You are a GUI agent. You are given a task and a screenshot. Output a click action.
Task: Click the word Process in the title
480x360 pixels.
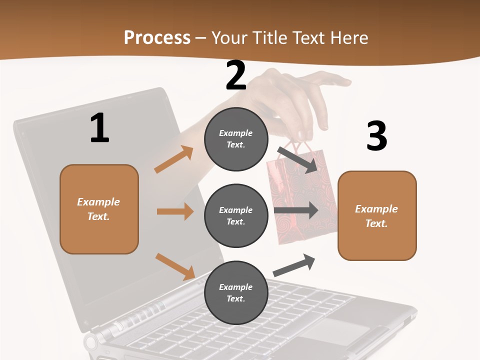(x=157, y=37)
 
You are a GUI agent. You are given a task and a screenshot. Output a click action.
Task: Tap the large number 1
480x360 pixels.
(x=99, y=128)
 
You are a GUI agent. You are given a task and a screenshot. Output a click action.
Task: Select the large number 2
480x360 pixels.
(x=236, y=75)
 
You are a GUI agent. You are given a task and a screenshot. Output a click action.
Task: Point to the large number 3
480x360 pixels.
(x=376, y=136)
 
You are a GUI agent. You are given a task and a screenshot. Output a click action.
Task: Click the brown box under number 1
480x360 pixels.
(x=99, y=209)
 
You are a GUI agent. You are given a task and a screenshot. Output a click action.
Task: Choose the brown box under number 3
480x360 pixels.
(x=377, y=216)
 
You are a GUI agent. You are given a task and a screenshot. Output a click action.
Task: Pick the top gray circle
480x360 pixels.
(x=236, y=139)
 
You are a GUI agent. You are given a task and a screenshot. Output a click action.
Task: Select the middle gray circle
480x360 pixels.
(x=236, y=215)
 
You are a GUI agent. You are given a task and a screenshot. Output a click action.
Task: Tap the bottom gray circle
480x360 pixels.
(x=236, y=292)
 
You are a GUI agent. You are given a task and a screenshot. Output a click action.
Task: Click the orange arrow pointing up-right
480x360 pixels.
(x=174, y=159)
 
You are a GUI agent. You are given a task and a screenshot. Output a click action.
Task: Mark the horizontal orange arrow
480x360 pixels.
(x=175, y=211)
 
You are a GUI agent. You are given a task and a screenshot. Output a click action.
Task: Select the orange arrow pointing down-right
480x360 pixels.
(x=175, y=266)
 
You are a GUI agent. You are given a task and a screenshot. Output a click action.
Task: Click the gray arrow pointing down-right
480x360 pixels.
(x=297, y=159)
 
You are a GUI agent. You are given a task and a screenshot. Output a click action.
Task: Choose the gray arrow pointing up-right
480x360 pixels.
(x=294, y=265)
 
